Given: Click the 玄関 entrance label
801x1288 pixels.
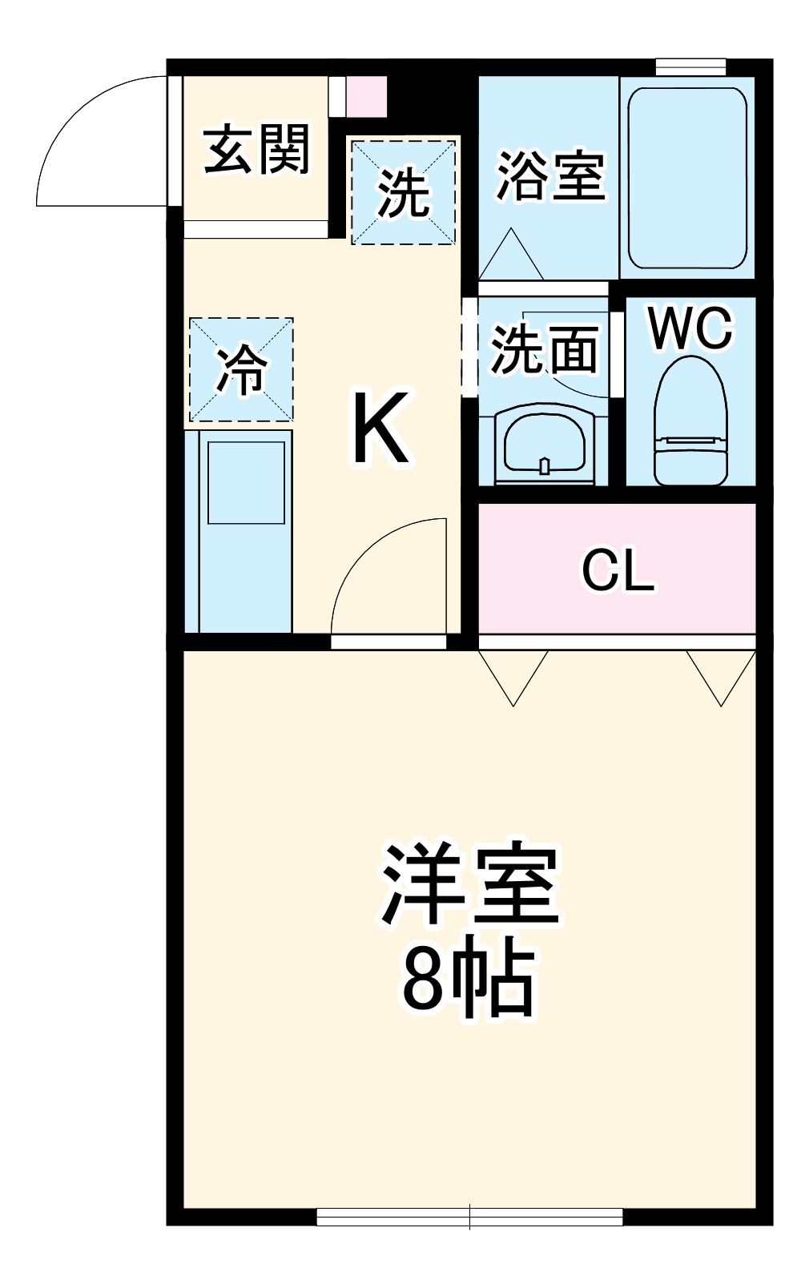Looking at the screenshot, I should click(256, 150).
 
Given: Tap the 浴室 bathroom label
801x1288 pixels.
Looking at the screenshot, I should click(550, 175).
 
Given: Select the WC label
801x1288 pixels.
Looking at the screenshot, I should click(690, 328).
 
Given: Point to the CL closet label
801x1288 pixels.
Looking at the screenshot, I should click(618, 570).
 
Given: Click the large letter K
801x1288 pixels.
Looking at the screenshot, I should click(381, 429).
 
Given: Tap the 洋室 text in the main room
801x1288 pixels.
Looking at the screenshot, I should click(470, 884).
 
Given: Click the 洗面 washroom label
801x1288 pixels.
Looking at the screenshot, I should click(545, 349).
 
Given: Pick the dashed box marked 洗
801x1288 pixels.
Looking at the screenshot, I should click(404, 192).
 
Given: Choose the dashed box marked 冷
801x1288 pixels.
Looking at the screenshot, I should click(241, 370).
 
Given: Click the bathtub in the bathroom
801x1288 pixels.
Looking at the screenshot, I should click(687, 177).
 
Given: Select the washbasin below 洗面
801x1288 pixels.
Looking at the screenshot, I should click(545, 445).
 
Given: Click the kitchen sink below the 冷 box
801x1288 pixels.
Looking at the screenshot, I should click(247, 483).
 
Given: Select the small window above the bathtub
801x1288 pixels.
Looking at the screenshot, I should click(690, 66).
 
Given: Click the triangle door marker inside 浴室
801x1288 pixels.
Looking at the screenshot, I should click(511, 256).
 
